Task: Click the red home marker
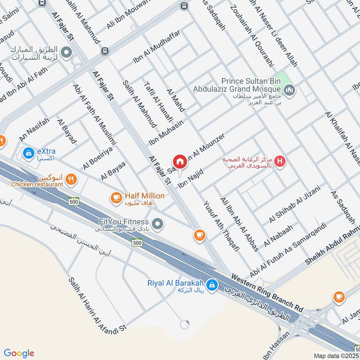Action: [180, 161]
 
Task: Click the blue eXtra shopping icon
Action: [29, 153]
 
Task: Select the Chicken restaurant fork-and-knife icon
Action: [71, 180]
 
